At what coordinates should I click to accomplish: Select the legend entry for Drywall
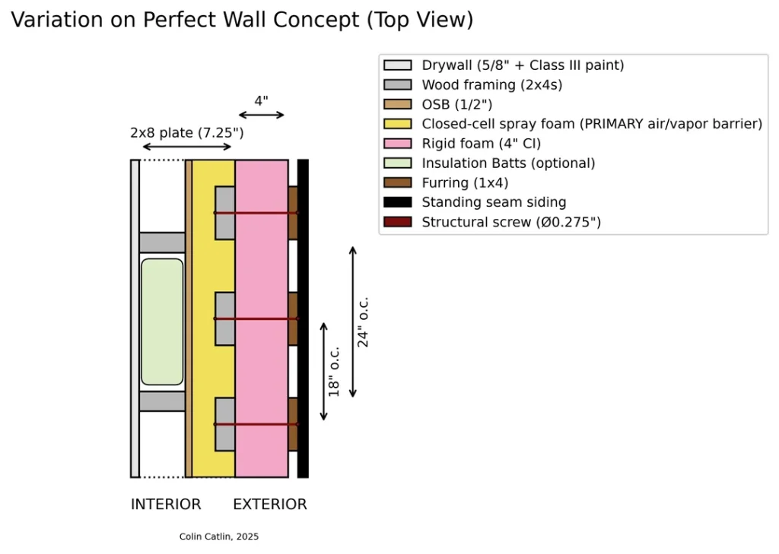523,65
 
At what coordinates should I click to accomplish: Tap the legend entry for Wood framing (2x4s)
492,85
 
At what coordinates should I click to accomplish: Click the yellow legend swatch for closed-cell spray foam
398,124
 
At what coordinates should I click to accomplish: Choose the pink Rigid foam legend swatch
398,144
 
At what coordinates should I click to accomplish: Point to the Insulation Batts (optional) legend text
508,163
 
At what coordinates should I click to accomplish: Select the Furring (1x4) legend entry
465,183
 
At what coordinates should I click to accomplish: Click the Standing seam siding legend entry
494,202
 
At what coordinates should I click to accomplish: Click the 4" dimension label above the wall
261,100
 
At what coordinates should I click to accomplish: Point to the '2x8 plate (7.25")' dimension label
186,133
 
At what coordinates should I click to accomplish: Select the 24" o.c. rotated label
364,321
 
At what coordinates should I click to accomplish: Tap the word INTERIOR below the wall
166,505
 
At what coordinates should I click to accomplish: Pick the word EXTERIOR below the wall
270,505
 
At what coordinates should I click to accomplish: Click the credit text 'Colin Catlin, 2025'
219,537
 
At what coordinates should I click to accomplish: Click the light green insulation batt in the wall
162,321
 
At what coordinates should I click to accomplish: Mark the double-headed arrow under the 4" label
261,116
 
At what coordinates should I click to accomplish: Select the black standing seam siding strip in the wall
303,318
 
